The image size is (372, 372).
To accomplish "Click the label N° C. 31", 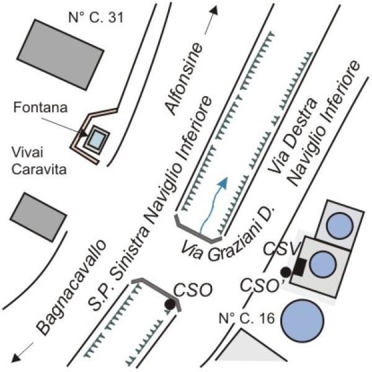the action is pyautogui.click(x=97, y=17).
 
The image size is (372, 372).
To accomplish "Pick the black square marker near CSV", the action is pyautogui.click(x=299, y=267).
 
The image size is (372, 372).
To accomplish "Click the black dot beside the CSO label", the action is pyautogui.click(x=169, y=304).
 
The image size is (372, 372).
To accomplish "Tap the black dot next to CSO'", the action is pyautogui.click(x=286, y=272).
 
